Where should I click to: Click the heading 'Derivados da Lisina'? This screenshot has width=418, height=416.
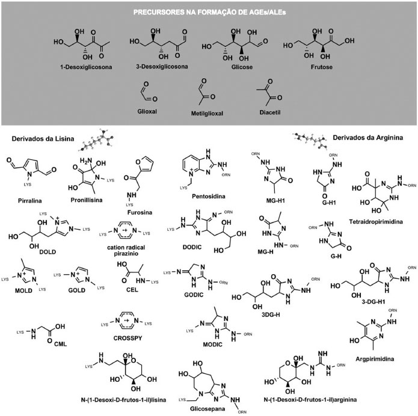coord(42,140)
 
